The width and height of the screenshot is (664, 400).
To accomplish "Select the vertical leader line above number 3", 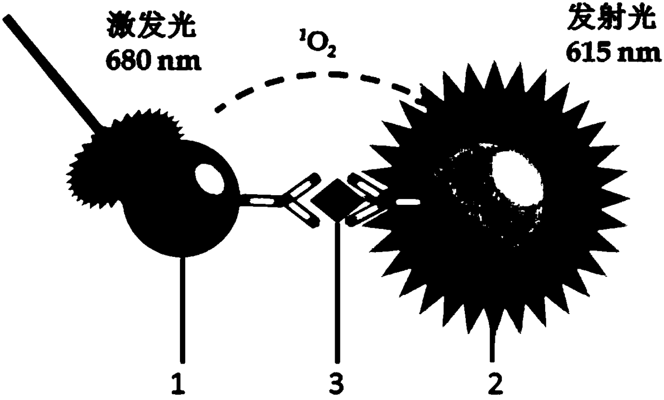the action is pos(337,295).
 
